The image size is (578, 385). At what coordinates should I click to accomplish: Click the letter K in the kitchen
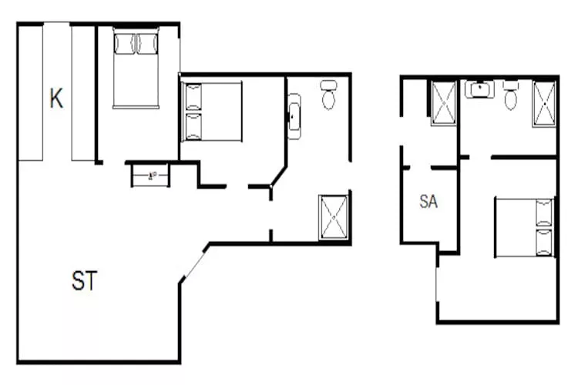coord(55,99)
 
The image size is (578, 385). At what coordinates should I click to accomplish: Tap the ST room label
coord(84,282)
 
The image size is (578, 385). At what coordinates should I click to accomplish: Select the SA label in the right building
coord(428,202)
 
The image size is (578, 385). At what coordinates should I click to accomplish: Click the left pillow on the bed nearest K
coord(125,42)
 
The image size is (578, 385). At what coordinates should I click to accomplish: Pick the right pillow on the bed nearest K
coord(146,42)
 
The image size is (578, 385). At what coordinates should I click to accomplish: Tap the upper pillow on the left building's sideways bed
coord(193,97)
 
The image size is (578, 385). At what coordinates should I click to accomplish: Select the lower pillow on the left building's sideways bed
coord(193,126)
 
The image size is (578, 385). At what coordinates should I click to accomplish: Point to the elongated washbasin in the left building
coord(294,116)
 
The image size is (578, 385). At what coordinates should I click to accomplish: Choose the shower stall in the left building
coord(334,217)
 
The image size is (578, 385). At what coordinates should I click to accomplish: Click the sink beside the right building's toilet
coord(479,89)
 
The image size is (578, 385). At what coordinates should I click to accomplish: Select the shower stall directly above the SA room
coord(444,102)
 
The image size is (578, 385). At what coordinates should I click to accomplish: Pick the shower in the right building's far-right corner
coord(544,102)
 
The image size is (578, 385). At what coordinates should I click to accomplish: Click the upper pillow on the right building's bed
coord(544,212)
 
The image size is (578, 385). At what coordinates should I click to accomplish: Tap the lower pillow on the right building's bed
coord(544,241)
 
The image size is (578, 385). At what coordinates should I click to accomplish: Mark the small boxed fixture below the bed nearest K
coord(150,176)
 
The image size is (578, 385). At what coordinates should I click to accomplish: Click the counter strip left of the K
coord(30,92)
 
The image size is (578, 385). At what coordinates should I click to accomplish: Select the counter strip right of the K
coord(82,92)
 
